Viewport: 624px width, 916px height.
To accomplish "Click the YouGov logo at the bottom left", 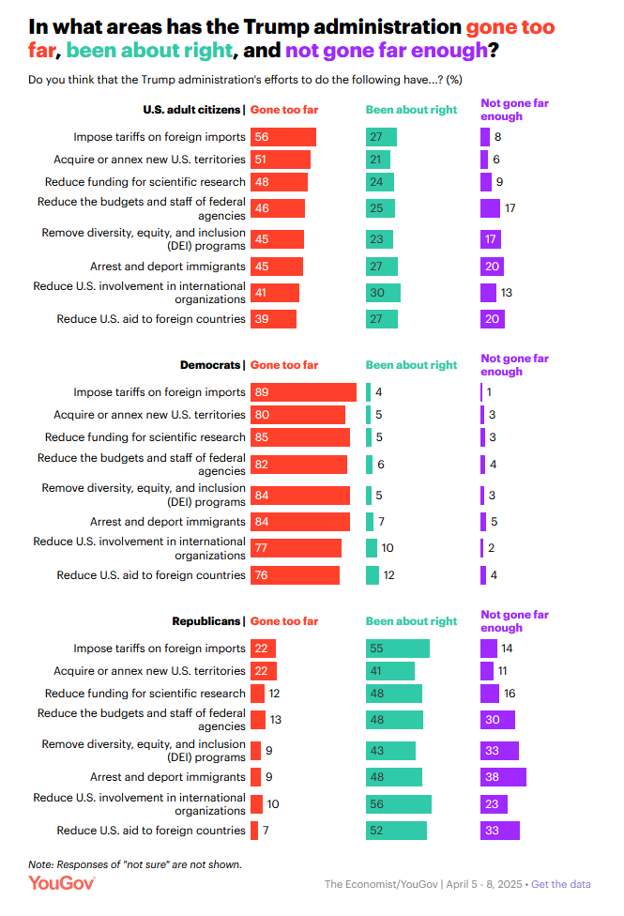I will click(x=61, y=883).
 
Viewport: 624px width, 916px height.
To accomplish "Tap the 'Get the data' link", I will click(x=560, y=884).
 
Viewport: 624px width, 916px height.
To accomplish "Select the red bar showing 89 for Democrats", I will click(x=303, y=392).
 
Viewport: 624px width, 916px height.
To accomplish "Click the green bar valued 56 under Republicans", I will click(x=398, y=804).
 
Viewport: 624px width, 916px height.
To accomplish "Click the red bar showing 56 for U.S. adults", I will click(x=282, y=137).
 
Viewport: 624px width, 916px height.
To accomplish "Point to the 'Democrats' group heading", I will click(x=210, y=365).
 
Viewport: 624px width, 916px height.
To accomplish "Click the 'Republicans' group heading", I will click(x=206, y=621).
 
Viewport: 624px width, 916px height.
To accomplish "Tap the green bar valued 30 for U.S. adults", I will click(x=383, y=293).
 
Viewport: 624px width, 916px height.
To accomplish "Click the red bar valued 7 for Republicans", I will click(x=254, y=831).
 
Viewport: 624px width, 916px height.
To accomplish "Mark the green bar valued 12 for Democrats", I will click(x=373, y=575).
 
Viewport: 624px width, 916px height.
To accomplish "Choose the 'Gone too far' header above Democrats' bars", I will click(x=284, y=365).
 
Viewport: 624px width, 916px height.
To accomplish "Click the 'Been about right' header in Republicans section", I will click(x=411, y=621).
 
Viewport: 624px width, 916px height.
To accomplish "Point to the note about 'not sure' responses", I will click(x=134, y=863).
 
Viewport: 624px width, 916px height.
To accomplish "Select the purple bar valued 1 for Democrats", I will click(x=481, y=392).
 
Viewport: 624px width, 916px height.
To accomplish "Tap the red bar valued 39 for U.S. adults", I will click(x=273, y=319).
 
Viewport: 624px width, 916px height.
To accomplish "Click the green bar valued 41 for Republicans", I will click(x=389, y=671).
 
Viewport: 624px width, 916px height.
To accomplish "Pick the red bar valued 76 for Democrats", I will click(x=295, y=575).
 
